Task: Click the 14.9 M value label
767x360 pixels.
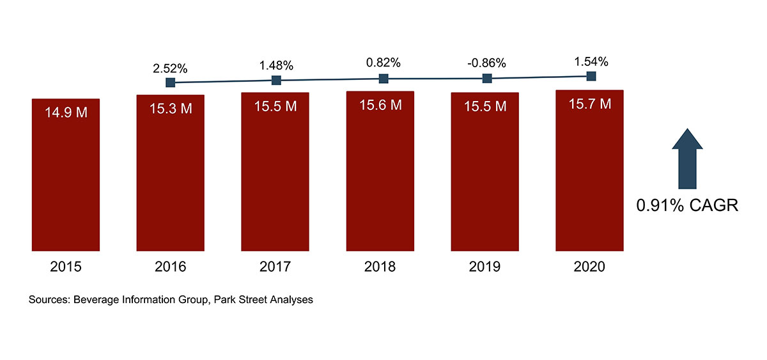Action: pyautogui.click(x=66, y=113)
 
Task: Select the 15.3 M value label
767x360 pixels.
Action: pyautogui.click(x=171, y=109)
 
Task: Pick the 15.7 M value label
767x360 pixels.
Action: pyautogui.click(x=589, y=104)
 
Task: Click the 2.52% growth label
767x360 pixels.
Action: pyautogui.click(x=170, y=68)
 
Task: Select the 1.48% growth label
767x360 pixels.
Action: pyautogui.click(x=276, y=65)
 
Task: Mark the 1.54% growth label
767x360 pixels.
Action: pyautogui.click(x=591, y=62)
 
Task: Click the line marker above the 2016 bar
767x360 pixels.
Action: pyautogui.click(x=170, y=82)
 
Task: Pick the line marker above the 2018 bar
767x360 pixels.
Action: pyautogui.click(x=383, y=79)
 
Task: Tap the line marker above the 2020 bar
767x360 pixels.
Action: pyautogui.click(x=591, y=76)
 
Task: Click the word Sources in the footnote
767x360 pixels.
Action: pyautogui.click(x=49, y=299)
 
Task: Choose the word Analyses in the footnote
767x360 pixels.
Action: pyautogui.click(x=291, y=299)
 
